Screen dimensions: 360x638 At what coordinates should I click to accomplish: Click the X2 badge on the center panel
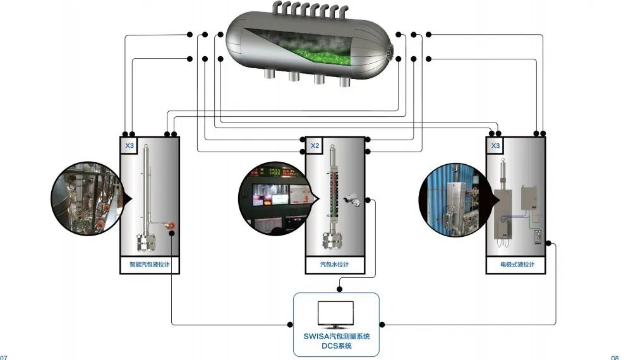[x=315, y=145]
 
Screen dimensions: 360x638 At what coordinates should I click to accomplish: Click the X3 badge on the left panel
[x=129, y=145]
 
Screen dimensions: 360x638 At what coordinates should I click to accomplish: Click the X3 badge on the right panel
[x=496, y=145]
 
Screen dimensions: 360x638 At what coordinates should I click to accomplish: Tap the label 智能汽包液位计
[x=150, y=265]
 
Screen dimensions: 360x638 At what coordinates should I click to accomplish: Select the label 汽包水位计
[x=335, y=265]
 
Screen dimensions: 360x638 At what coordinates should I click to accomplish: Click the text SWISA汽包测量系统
[x=336, y=336]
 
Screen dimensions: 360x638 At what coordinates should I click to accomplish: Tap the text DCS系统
[x=336, y=345]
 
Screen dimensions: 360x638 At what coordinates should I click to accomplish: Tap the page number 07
[x=4, y=357]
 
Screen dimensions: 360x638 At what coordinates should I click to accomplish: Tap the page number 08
[x=615, y=357]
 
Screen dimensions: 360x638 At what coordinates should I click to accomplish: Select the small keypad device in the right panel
[x=538, y=236]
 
